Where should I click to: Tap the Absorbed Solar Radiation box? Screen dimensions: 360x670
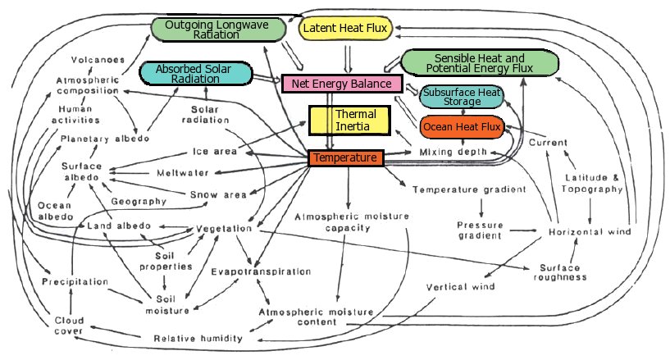point(194,74)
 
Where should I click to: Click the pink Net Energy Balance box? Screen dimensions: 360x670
point(341,83)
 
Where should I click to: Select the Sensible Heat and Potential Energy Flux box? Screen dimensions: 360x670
point(479,63)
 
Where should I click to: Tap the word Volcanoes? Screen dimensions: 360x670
point(98,60)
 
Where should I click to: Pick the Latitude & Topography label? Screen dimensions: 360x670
point(595,184)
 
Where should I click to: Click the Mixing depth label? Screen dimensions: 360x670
point(453,153)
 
